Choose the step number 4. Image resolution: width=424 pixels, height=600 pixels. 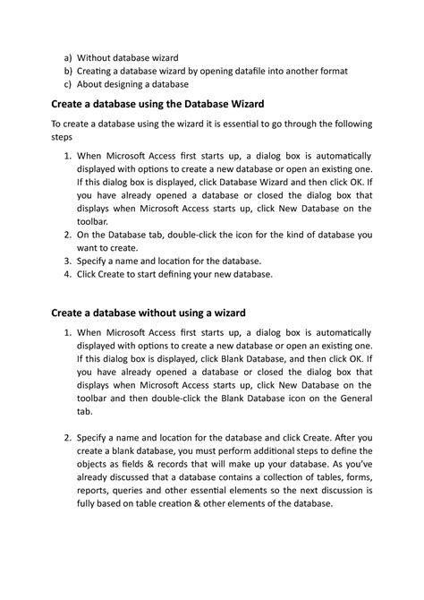(65, 276)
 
